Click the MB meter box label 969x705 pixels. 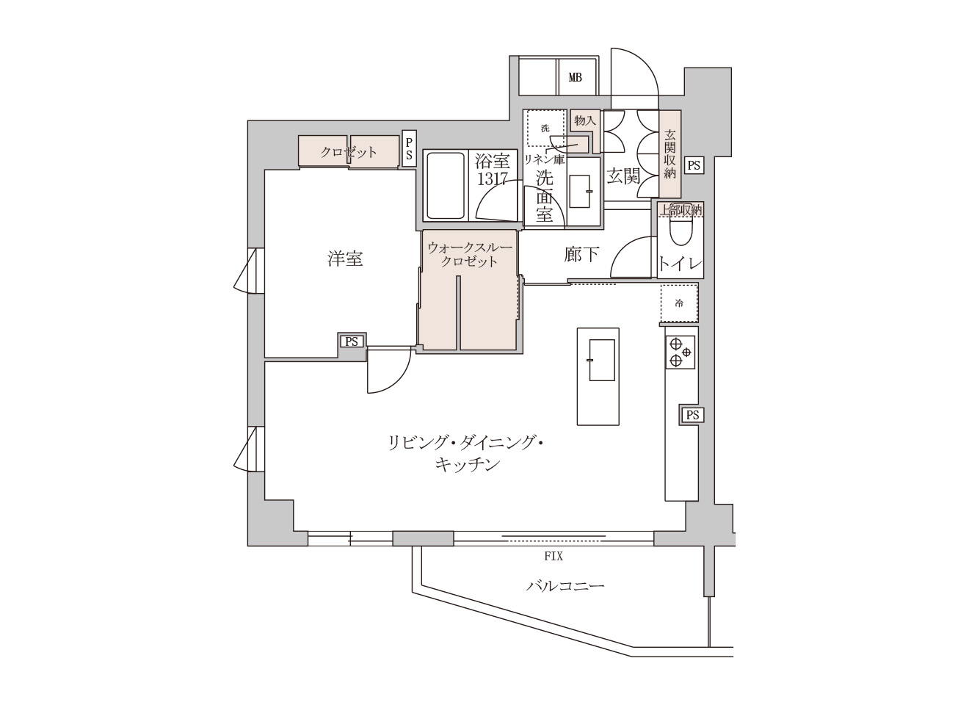[x=575, y=77]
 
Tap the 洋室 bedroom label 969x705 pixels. [x=345, y=258]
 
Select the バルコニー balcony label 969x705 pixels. [x=565, y=586]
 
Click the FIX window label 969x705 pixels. [x=554, y=557]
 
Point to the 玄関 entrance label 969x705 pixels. [x=623, y=176]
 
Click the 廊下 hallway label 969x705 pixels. [x=581, y=254]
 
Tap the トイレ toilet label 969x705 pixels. [x=681, y=264]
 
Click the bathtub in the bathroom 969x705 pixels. [x=446, y=186]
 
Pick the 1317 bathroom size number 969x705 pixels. [x=493, y=178]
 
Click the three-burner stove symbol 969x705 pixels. [x=679, y=352]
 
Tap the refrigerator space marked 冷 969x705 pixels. [x=678, y=303]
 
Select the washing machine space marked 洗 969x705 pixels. [x=545, y=128]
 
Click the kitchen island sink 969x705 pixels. [x=601, y=360]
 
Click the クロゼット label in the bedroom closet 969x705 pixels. [x=349, y=152]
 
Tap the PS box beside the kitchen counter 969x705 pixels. [x=691, y=416]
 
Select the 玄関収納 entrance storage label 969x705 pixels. [x=669, y=154]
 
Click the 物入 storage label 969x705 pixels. [x=584, y=120]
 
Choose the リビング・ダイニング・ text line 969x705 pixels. [x=467, y=444]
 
